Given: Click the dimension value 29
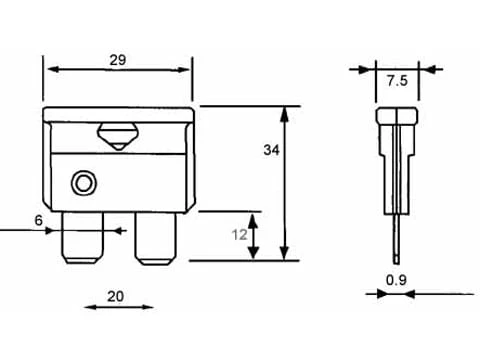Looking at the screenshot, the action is (118, 60).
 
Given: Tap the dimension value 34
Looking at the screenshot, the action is (271, 150).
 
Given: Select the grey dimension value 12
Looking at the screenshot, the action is (240, 235).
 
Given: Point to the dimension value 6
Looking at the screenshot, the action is (39, 220).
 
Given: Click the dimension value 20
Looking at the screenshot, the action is (116, 296).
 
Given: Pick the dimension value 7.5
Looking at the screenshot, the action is (397, 81).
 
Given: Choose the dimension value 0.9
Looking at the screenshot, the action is (396, 280).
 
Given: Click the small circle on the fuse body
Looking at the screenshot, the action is (83, 183).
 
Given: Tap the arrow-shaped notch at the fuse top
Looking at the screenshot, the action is (118, 137).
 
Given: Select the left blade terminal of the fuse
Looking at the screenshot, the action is (82, 238).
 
